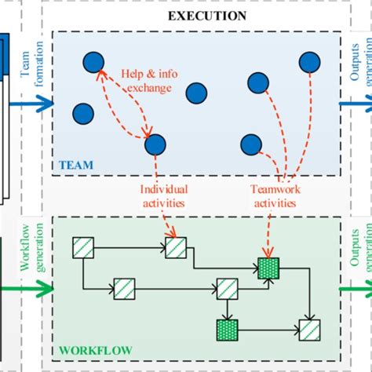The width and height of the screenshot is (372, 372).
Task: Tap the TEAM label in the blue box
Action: coord(76,165)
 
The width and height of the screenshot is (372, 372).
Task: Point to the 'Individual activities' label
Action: coord(164,196)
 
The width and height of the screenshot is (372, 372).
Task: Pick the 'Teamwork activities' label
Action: coord(273,196)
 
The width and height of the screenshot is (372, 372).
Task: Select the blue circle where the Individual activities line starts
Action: coord(155,144)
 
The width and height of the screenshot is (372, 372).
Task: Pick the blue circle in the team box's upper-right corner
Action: coord(309,61)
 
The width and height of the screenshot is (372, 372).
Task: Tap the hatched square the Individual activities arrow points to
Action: coord(176,248)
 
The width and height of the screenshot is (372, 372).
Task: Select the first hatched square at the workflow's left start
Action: coord(83,249)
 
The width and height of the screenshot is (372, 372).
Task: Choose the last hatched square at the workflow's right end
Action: coord(309,328)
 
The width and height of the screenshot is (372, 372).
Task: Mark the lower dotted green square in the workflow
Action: coord(228,328)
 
